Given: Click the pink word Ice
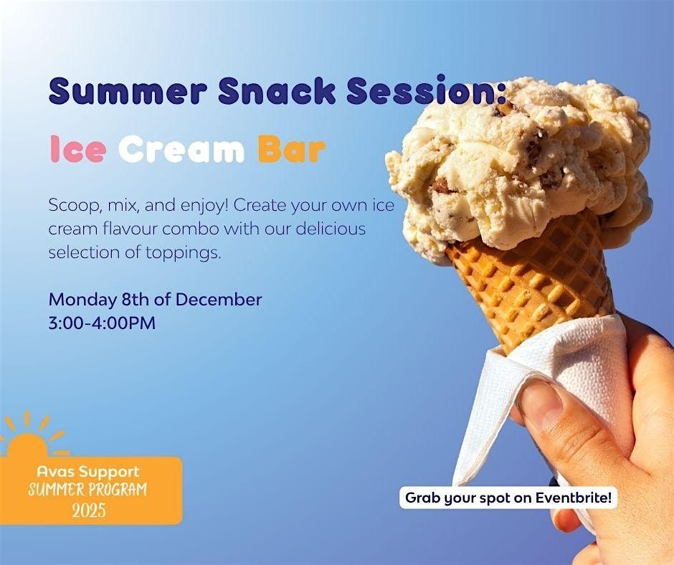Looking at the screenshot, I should point(78,149).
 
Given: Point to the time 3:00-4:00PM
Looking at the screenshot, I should point(102,323).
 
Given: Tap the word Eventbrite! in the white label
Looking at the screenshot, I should point(574,498).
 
